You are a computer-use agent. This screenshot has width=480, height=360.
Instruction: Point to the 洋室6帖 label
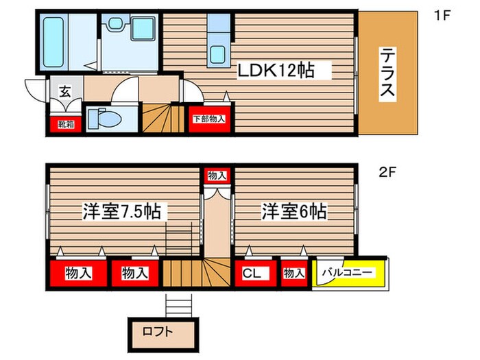(x=293, y=212)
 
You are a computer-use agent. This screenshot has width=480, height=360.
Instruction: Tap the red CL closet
(x=252, y=273)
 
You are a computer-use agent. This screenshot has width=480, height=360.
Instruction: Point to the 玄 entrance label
(x=64, y=91)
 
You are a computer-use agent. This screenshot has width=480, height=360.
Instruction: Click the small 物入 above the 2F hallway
(x=217, y=176)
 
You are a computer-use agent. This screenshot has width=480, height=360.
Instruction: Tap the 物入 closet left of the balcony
(x=293, y=273)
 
